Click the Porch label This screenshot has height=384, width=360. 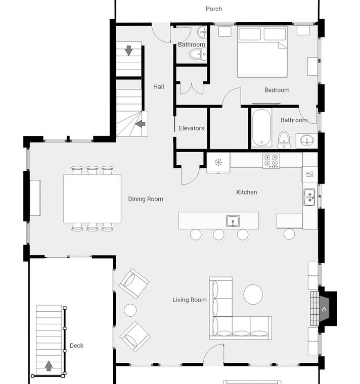pos(214,9)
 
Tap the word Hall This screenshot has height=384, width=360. pos(159,87)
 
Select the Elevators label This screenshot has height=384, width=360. pos(192,128)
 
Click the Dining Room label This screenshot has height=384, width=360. pos(146,199)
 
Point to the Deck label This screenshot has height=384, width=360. pos(76,346)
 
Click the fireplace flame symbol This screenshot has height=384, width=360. pos(324,309)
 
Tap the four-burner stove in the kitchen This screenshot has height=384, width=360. pos(271,161)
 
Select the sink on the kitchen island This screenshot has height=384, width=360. pos(233,221)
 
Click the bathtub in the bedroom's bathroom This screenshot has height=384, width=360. pos(261,128)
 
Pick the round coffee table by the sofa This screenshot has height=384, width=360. pos(253,295)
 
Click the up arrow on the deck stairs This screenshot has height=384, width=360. pos(49,365)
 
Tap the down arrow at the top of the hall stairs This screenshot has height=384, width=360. pos(128,51)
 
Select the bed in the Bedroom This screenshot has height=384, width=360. pos(262,52)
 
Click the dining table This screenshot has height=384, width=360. pos(93,199)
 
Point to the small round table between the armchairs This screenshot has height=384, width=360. pos(130,310)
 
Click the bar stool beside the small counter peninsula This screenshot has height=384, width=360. pos(289,234)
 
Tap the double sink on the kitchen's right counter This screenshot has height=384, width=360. pos(309,197)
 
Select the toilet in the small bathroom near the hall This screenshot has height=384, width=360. pos(198,54)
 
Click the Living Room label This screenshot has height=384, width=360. pos(190,300)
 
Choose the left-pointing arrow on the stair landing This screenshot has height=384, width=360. pos(140,124)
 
